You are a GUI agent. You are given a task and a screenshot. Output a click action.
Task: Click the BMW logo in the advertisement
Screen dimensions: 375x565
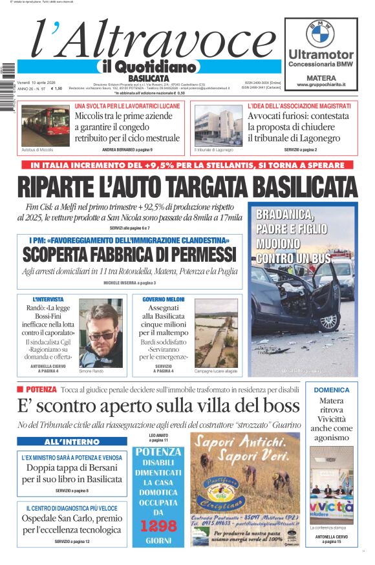(320, 33)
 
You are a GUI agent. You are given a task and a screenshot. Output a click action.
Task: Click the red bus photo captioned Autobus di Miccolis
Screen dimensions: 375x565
(45, 125)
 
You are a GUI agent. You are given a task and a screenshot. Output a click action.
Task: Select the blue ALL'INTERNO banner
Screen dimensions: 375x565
(72, 442)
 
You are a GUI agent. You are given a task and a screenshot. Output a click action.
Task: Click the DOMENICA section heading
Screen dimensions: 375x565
(332, 390)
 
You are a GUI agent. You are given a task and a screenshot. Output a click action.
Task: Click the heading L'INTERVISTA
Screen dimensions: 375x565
(50, 299)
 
